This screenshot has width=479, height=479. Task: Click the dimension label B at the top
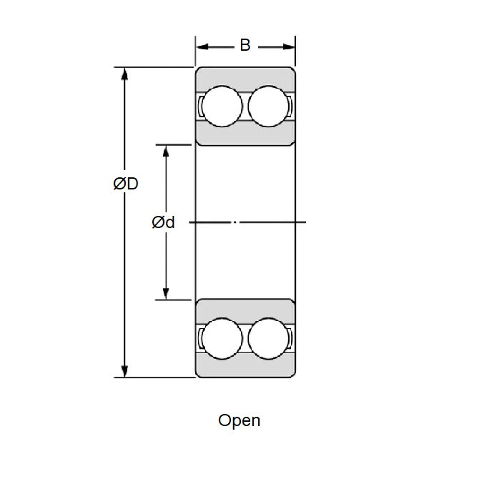245,46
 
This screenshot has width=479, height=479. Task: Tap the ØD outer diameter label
125,184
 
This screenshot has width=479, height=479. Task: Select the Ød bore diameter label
163,223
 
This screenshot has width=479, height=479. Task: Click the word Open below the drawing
239,420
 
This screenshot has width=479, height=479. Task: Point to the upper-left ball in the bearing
222,107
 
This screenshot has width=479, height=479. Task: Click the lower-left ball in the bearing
222,337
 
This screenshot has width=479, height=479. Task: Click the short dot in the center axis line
241,222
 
